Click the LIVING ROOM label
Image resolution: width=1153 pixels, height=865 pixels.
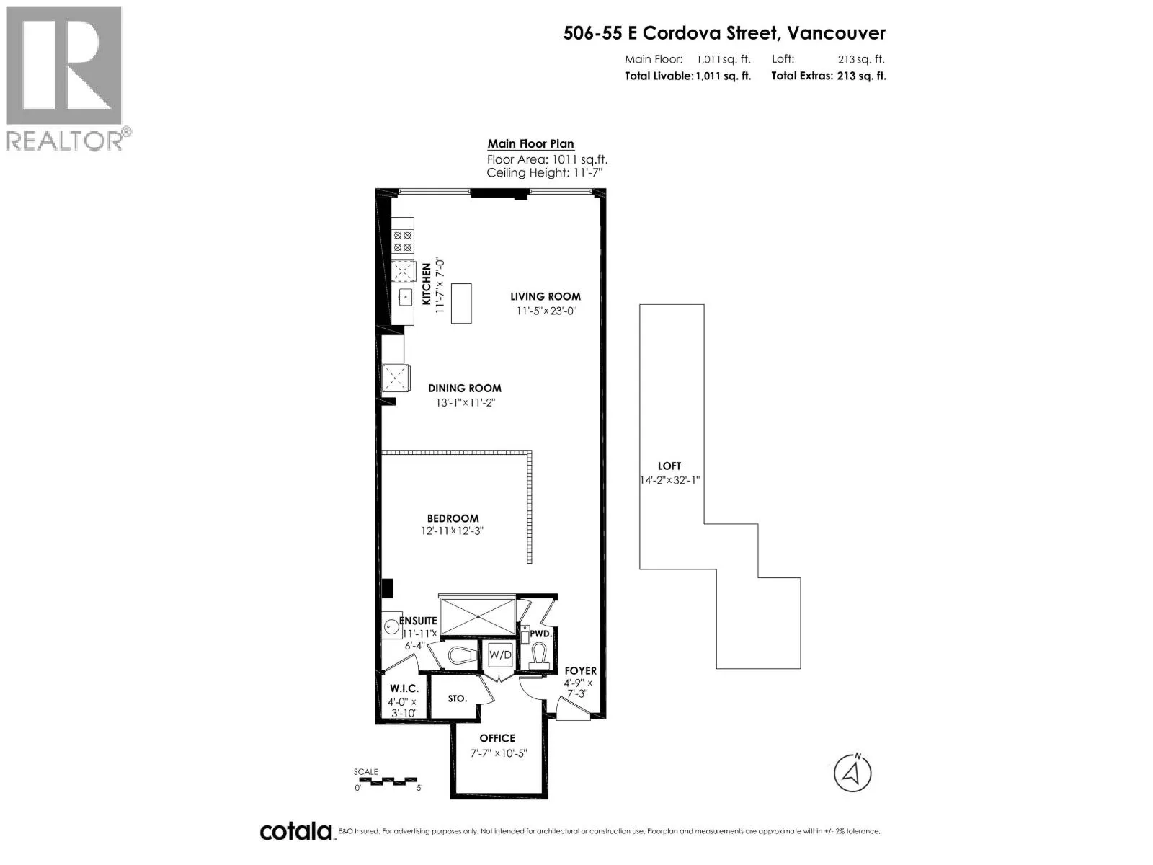click(x=545, y=297)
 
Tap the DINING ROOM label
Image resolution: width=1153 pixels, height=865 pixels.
click(x=464, y=389)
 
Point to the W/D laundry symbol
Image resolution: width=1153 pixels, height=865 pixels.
click(x=499, y=655)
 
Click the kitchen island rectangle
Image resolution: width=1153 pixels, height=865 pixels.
click(x=460, y=303)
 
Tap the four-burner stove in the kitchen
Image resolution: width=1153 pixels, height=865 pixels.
click(x=402, y=241)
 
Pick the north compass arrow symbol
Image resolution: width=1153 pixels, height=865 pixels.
click(x=852, y=773)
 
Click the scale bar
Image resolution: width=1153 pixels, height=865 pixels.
click(x=387, y=781)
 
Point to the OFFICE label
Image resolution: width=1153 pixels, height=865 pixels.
click(x=497, y=738)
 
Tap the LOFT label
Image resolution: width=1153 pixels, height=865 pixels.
click(x=669, y=466)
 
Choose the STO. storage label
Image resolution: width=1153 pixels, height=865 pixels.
click(x=457, y=698)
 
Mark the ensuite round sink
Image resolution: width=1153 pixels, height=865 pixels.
click(x=391, y=626)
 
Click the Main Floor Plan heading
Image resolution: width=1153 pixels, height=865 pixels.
click(x=530, y=144)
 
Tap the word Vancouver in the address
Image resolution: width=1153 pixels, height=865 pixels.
click(x=836, y=33)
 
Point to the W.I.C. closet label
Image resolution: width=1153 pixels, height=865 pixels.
click(x=404, y=688)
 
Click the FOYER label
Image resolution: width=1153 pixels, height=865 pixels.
click(x=580, y=671)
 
